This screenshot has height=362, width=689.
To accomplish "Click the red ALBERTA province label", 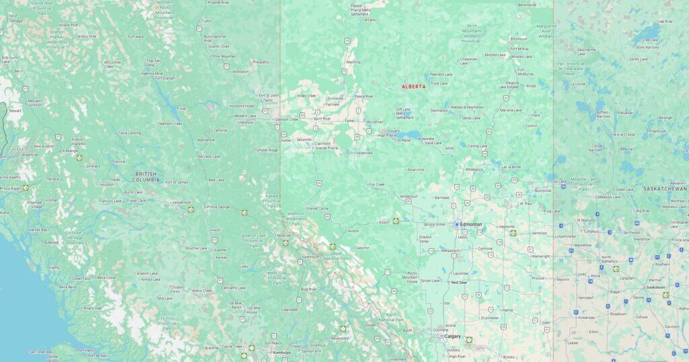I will tap(413, 87).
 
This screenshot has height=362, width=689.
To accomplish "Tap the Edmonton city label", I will tap(471, 224).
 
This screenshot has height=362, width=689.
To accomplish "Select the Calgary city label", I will tap(452, 336).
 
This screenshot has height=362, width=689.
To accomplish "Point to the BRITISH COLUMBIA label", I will tap(146, 177).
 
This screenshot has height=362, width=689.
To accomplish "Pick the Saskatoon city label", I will tap(655, 287).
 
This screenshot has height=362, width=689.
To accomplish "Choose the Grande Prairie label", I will tap(326, 147).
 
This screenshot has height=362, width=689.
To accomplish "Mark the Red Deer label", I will tap(460, 283).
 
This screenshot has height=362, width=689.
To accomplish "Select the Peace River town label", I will tap(364, 96).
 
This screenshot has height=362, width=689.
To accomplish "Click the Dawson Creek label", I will tap(287, 119).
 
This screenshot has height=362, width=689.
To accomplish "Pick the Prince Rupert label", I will tap(10, 188).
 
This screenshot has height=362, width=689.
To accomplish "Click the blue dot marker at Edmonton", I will tap(457, 224).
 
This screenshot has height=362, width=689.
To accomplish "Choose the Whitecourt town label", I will tap(409, 196).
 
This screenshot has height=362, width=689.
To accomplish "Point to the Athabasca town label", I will tap(474, 170).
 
